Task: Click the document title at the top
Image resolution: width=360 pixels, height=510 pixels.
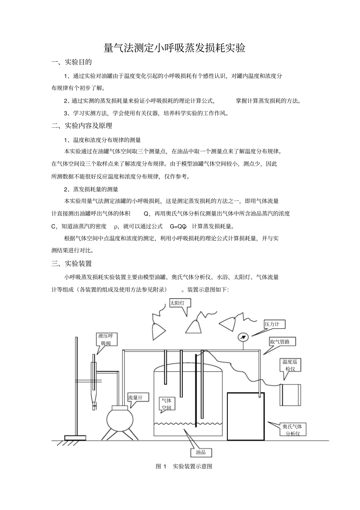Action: point(175,48)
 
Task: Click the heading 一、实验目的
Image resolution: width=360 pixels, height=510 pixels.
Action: point(72,62)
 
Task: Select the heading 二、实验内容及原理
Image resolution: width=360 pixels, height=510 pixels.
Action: point(82,126)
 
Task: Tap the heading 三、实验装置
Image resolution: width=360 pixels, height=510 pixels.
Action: point(72,264)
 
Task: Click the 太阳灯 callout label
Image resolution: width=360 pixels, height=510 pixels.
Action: point(180,303)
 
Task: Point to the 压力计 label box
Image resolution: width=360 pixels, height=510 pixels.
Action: point(274,324)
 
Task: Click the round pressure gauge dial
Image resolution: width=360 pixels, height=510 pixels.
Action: point(242,337)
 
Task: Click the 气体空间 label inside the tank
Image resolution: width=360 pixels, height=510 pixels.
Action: point(166,404)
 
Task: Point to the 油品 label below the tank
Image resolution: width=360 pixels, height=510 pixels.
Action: point(201,452)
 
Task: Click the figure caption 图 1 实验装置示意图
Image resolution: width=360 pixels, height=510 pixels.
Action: point(184,466)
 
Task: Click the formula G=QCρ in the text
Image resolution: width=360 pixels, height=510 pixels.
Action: point(178,226)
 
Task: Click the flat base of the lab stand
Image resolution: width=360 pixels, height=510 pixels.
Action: point(75,438)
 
